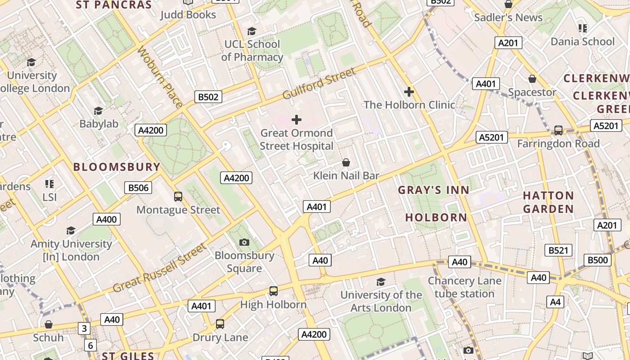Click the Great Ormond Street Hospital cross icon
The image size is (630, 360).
297,120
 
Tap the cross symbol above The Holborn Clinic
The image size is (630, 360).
409,92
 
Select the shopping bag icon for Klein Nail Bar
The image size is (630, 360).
346,162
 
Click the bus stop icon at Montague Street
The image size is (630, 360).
178,197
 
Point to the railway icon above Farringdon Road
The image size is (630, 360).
558,130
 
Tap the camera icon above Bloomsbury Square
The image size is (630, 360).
244,243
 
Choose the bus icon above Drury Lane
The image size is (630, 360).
220,324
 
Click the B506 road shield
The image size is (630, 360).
138,188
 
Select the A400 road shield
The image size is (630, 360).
107,220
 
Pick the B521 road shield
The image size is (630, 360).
558,250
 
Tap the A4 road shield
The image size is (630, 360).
555,302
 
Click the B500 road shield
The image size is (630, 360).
598,260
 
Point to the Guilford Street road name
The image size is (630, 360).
319,83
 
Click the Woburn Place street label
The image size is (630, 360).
160,76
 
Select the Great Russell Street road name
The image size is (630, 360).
159,268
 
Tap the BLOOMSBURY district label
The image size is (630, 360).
117,167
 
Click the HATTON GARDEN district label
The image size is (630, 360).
548,202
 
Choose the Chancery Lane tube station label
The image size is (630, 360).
464,287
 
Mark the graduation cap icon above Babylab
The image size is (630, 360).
98,111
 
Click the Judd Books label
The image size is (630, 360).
188,15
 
